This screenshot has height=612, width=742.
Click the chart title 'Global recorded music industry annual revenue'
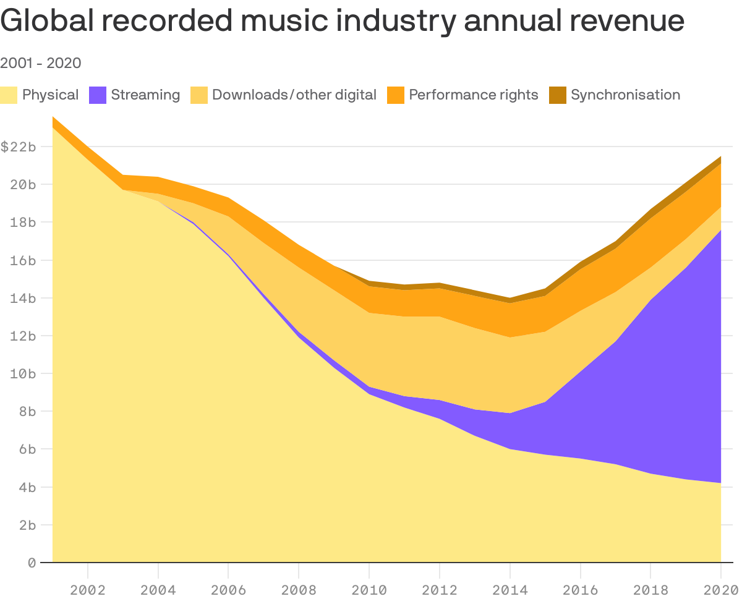click(342, 21)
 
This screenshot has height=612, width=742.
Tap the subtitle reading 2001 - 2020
click(41, 63)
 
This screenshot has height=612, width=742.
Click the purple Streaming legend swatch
click(98, 95)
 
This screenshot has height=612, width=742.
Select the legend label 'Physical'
click(50, 95)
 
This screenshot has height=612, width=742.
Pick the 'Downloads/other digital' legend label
click(294, 95)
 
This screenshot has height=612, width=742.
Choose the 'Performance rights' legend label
click(474, 95)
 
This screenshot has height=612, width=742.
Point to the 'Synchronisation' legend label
click(625, 95)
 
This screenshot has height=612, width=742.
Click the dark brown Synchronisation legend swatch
click(558, 95)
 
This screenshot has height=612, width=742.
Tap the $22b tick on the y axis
click(18, 147)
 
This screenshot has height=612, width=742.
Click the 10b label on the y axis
click(23, 373)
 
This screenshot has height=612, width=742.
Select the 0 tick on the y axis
click(32, 563)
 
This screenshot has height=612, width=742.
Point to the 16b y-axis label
click(23, 260)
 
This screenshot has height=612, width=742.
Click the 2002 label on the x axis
click(88, 590)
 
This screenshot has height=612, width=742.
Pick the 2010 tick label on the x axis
click(369, 590)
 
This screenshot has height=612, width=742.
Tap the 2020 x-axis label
click(720, 590)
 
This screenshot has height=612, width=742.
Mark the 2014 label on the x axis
click(510, 590)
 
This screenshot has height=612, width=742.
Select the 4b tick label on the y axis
click(26, 487)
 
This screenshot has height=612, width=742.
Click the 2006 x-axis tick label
click(228, 590)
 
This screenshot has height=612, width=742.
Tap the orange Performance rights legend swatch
click(396, 95)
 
